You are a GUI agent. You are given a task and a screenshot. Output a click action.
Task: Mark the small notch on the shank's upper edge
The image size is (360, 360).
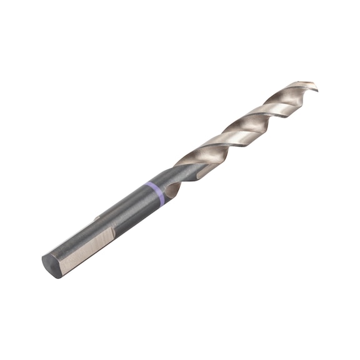click(98, 218)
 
